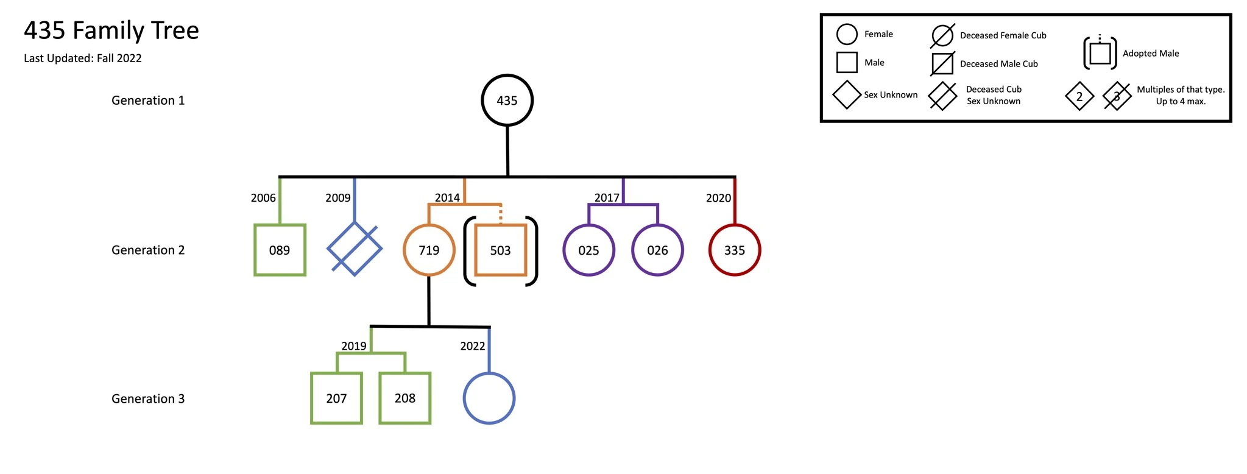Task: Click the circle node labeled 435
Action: coord(507,101)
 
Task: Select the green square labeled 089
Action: coord(280,250)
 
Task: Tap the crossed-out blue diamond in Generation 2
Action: coord(355,249)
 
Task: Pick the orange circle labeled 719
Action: coord(429,250)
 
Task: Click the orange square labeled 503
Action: coord(500,250)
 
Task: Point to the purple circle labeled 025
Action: coord(588,250)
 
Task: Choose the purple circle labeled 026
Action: coord(657,250)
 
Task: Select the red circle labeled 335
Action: coord(735,250)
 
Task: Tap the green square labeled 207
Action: coord(336,398)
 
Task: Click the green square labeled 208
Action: coord(405,398)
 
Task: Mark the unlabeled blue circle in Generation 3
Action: coord(489,398)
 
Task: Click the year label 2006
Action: coord(263,198)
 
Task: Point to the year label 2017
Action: coord(607,198)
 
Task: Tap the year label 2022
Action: coord(472,346)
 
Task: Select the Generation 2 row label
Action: coord(148,250)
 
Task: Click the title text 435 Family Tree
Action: coord(111,30)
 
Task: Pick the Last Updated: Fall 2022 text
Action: coord(83,58)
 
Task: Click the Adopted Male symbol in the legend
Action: coord(1100,53)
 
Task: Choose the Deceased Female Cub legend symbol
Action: coord(942,35)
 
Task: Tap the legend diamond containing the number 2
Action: coord(1079,96)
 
